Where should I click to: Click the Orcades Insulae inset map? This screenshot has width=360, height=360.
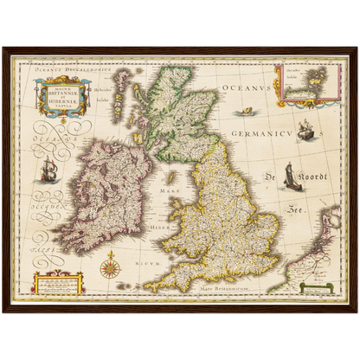tap(304, 84)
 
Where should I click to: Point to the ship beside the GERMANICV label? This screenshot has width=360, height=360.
tap(305, 130)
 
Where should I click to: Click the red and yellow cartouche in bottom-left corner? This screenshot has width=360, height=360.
tap(57, 282)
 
